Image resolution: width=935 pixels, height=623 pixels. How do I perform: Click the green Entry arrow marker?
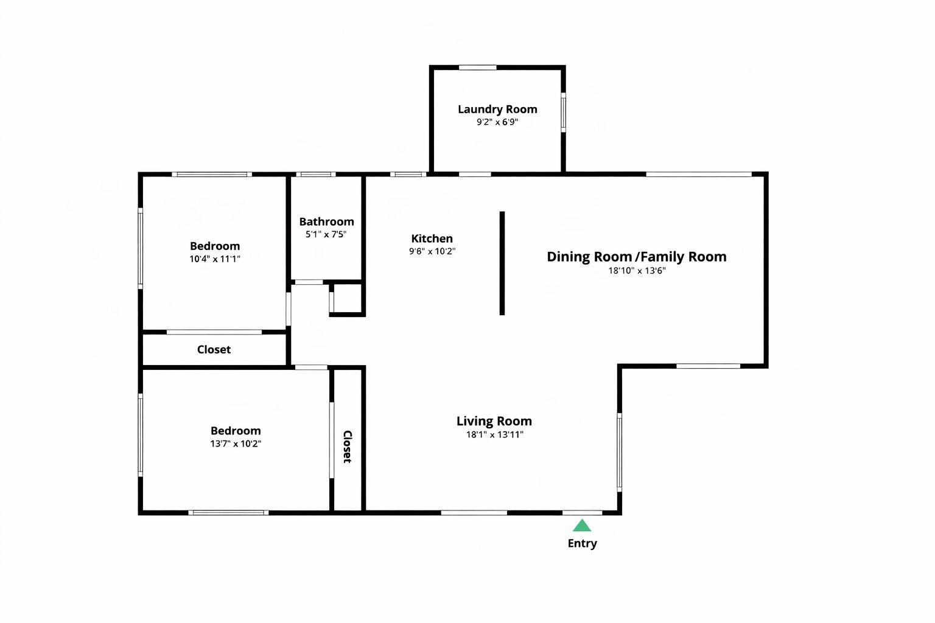[582, 526]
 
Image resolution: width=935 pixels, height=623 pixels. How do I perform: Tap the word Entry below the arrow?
[582, 543]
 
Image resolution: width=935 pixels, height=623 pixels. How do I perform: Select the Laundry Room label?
[497, 110]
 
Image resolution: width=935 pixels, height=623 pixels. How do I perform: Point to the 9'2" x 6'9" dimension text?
[497, 122]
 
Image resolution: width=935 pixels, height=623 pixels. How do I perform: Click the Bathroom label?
[326, 222]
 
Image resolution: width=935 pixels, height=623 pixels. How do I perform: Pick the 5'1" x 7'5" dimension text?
[326, 234]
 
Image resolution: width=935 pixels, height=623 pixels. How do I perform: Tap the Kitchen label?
[432, 238]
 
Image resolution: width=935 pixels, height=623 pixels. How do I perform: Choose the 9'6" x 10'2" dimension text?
[432, 251]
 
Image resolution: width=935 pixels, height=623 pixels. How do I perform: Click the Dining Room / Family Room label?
[636, 257]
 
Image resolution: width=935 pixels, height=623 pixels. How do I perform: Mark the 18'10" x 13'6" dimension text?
[637, 271]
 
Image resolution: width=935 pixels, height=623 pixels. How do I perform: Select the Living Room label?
[494, 421]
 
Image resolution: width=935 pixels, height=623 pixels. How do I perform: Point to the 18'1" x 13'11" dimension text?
[494, 434]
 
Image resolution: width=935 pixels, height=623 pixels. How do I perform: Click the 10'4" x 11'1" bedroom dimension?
[214, 259]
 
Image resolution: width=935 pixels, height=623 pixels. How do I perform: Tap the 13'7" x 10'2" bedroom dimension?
[236, 444]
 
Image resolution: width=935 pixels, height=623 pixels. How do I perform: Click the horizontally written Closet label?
[214, 349]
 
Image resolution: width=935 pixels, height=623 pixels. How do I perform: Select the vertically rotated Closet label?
[348, 447]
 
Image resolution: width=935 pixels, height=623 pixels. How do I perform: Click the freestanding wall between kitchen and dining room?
[502, 263]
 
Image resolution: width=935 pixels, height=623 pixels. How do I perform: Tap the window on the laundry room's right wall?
[563, 112]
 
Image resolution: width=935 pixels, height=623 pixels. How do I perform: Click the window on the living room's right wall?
[619, 451]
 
